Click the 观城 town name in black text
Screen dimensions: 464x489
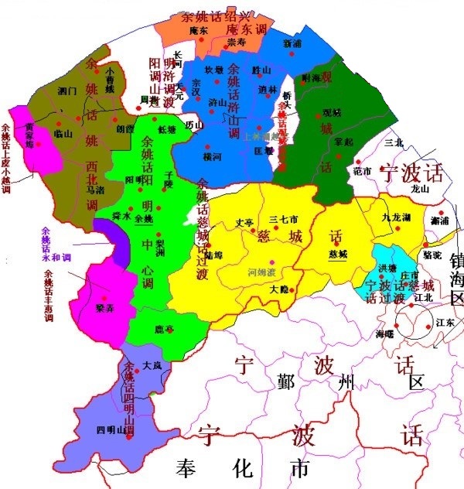pyautogui.click(x=330, y=112)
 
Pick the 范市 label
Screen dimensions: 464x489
pyautogui.click(x=362, y=169)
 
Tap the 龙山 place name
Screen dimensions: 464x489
pyautogui.click(x=420, y=188)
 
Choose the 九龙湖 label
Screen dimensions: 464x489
pyautogui.click(x=396, y=217)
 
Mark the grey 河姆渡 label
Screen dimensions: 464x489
pyautogui.click(x=262, y=272)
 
